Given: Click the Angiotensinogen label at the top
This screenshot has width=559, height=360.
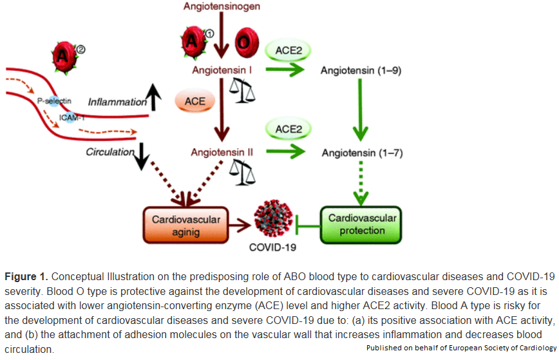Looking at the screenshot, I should click(x=223, y=7).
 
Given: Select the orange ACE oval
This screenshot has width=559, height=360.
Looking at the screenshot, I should click(x=194, y=101).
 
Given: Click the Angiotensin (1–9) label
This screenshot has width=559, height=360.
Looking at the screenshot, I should click(x=361, y=71).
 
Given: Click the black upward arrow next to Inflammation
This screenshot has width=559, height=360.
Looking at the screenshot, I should click(x=154, y=96).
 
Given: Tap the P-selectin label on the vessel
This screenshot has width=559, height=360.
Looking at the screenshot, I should click(x=54, y=100).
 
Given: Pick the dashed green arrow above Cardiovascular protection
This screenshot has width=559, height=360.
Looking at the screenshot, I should click(x=361, y=184).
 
